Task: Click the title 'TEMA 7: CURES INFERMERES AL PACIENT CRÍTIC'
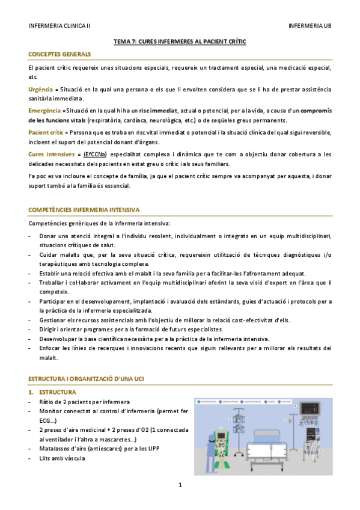(x=180, y=43)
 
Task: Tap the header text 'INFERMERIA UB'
(x=310, y=26)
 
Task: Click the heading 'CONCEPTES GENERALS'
(x=59, y=55)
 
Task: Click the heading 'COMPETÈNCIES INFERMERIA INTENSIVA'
(x=84, y=210)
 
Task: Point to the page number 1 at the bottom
(x=180, y=485)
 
